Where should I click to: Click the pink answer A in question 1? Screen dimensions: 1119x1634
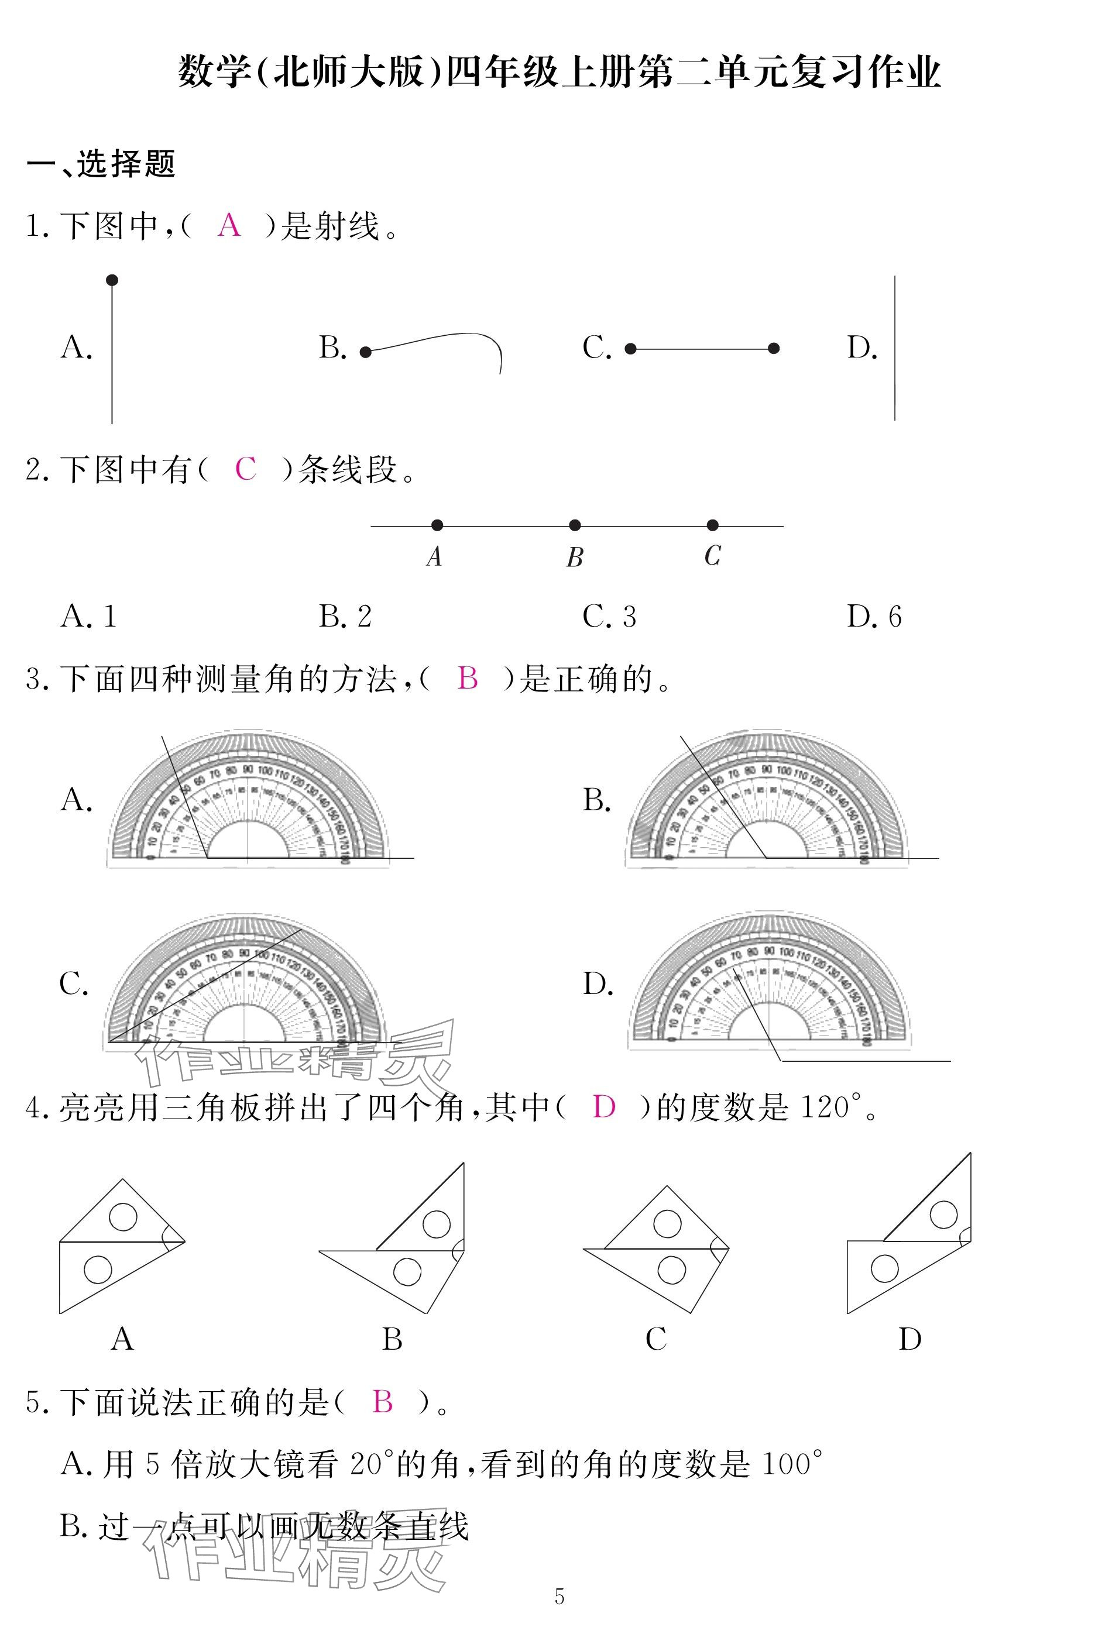pyautogui.click(x=229, y=226)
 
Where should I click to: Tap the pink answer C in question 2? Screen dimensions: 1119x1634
pyautogui.click(x=245, y=469)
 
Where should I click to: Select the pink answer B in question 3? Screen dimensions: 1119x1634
pyautogui.click(x=468, y=679)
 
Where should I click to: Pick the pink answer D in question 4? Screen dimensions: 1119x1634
pyautogui.click(x=604, y=1107)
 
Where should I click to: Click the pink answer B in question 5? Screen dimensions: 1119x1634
pyautogui.click(x=383, y=1402)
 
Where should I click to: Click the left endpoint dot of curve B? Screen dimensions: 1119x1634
pyautogui.click(x=365, y=352)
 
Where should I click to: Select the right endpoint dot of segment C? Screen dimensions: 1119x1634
pyautogui.click(x=774, y=348)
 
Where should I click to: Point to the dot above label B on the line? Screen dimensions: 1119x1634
pyautogui.click(x=575, y=525)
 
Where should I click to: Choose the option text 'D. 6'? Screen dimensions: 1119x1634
pyautogui.click(x=874, y=617)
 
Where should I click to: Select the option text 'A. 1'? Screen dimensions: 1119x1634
pyautogui.click(x=88, y=617)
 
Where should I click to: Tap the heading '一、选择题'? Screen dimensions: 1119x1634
pyautogui.click(x=101, y=164)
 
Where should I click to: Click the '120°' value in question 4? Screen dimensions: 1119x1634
pyautogui.click(x=830, y=1107)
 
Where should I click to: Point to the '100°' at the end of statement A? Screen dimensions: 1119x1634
pyautogui.click(x=792, y=1464)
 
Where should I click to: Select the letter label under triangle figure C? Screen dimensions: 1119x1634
pyautogui.click(x=655, y=1339)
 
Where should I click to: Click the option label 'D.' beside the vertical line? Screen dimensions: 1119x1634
pyautogui.click(x=862, y=348)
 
